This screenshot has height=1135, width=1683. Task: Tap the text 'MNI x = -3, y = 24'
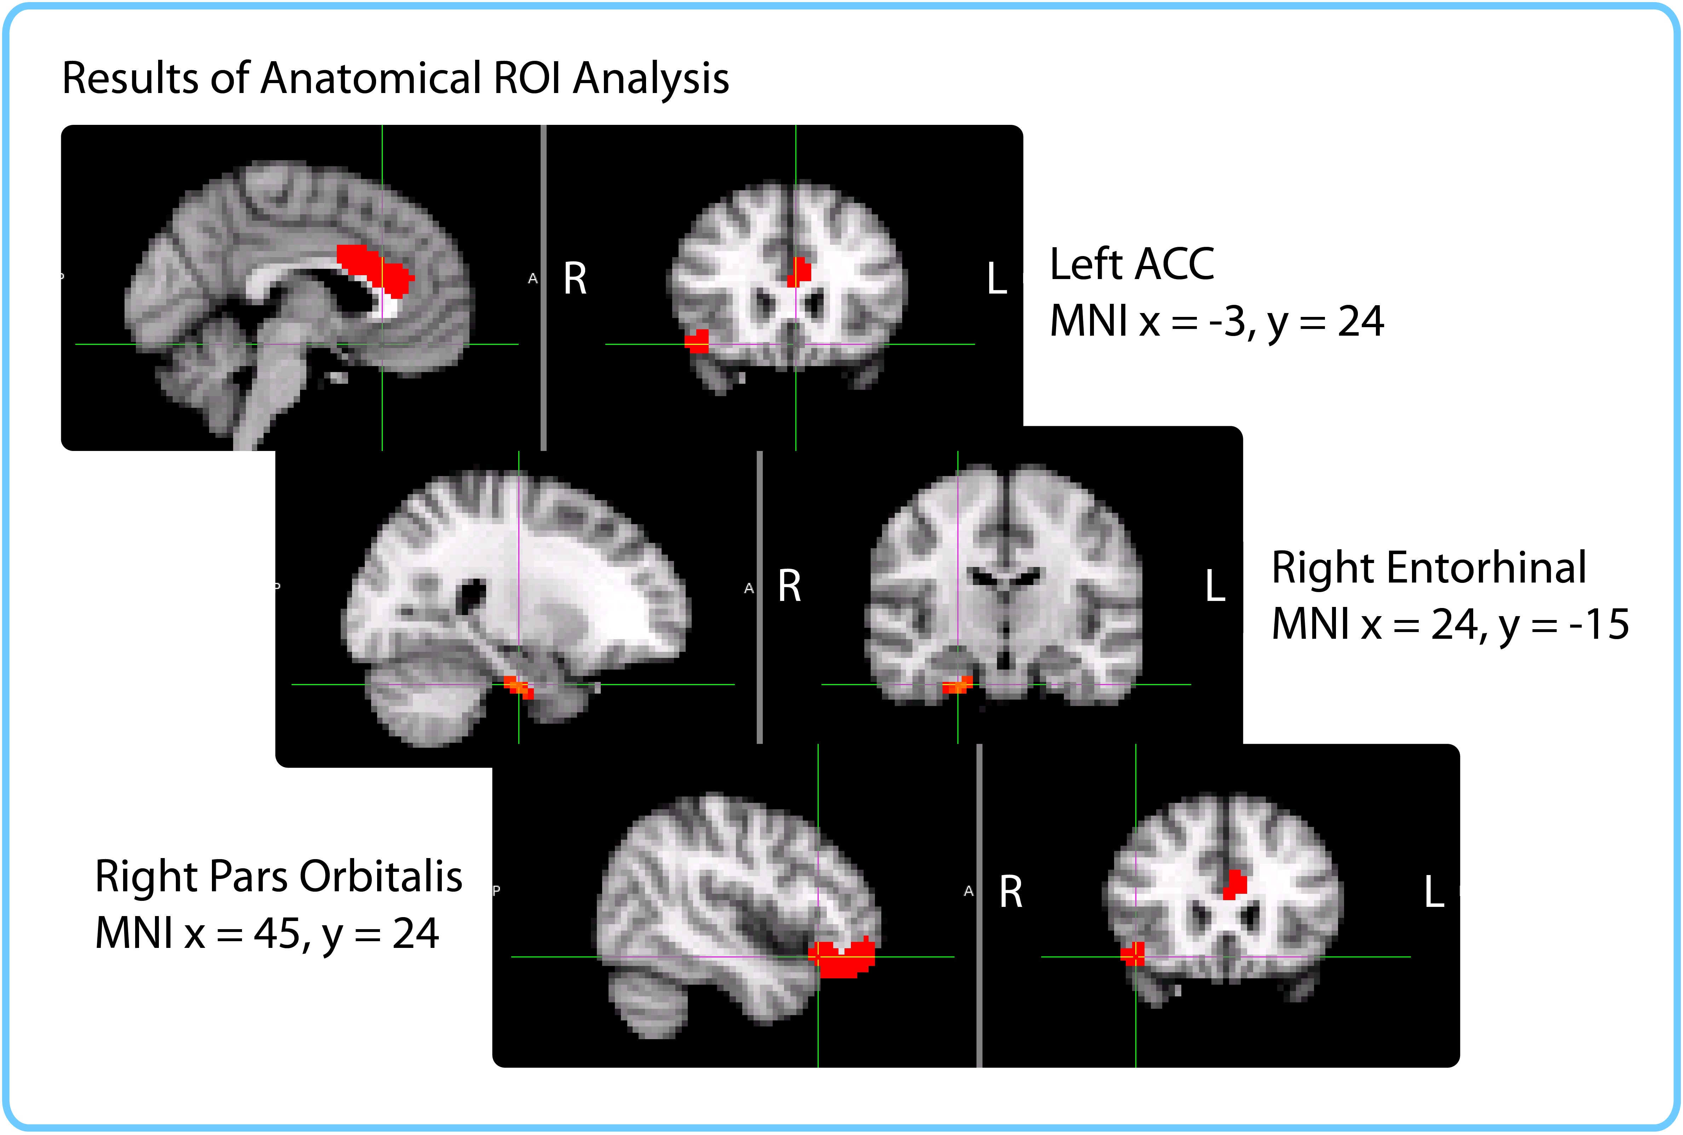1216,322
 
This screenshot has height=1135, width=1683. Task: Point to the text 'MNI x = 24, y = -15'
1450,624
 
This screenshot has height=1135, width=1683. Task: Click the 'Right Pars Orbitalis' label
279,876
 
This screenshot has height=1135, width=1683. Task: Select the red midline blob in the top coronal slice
799,271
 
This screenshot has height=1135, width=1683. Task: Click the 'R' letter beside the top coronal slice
575,279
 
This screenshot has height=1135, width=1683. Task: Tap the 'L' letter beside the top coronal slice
997,279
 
